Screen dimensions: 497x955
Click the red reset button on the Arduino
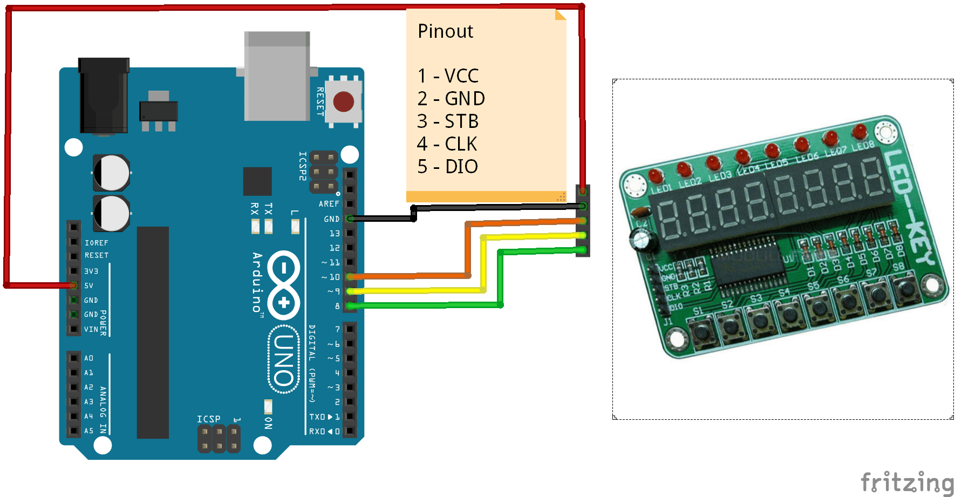tap(344, 101)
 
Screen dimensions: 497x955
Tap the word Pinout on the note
tap(445, 31)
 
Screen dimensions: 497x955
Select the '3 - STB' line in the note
tap(448, 121)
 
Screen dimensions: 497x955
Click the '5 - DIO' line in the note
tap(448, 167)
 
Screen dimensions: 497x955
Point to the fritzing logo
tap(906, 481)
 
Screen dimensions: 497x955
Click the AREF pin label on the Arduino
tap(329, 204)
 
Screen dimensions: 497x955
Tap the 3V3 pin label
tap(91, 271)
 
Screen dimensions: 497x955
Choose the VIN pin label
tap(91, 329)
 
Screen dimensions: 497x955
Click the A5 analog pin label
tap(89, 431)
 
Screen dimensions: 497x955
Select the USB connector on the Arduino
tap(277, 76)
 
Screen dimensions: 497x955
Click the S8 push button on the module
tap(906, 288)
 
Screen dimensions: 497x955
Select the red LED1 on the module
tap(656, 176)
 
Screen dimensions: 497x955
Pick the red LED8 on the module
tap(859, 131)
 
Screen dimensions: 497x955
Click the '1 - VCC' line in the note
tap(448, 76)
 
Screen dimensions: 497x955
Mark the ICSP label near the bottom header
tap(209, 419)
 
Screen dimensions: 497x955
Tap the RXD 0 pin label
tap(324, 432)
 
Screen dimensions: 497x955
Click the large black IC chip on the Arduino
tap(153, 332)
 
